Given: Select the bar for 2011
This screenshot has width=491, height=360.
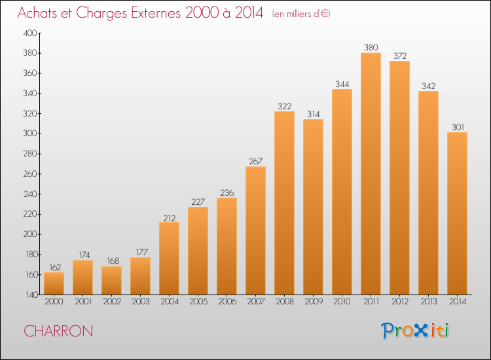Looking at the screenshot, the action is [371, 173].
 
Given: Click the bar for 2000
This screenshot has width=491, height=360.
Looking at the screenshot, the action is [54, 283].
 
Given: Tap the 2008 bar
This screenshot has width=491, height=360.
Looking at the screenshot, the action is [284, 203].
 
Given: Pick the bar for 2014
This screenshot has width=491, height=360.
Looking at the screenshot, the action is [457, 213].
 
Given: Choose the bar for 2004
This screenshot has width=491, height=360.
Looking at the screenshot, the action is [169, 259].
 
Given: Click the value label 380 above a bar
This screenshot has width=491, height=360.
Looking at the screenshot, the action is [371, 47].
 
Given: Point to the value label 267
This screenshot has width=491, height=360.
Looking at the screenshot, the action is [255, 161].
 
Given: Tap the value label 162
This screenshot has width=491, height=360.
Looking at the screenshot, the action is [55, 267].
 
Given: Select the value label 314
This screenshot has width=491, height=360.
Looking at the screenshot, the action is [314, 115].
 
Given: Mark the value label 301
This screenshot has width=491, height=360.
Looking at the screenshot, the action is [458, 127].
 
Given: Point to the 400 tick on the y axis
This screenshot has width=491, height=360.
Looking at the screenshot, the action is [30, 33].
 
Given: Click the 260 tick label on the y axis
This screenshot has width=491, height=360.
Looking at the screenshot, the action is [30, 173].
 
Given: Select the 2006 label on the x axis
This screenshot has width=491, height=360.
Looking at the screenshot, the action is [227, 302].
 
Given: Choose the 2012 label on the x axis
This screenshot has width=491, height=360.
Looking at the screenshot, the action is [400, 302].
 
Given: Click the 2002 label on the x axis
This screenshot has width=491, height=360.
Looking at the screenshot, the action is [112, 302].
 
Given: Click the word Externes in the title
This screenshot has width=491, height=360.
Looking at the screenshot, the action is [156, 12].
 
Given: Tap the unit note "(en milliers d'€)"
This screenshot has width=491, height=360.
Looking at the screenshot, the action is [301, 14].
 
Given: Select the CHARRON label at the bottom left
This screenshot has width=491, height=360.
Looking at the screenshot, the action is [58, 331].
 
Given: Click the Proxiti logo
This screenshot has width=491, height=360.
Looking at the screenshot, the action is [415, 331].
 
